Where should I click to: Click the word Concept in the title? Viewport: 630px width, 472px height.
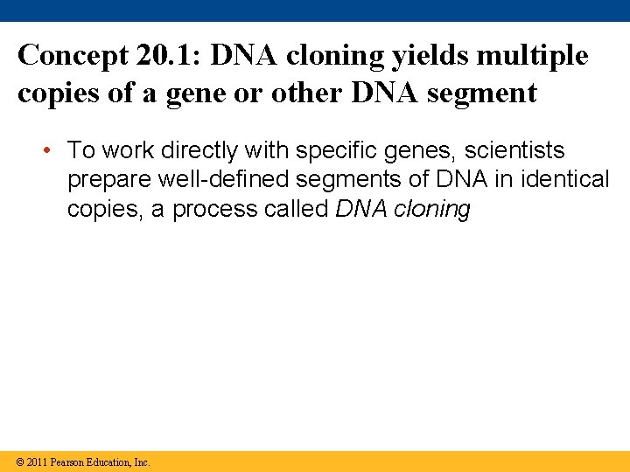(72, 55)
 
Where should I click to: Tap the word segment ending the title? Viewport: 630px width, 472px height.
(486, 94)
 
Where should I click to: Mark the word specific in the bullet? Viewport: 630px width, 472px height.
(333, 150)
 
